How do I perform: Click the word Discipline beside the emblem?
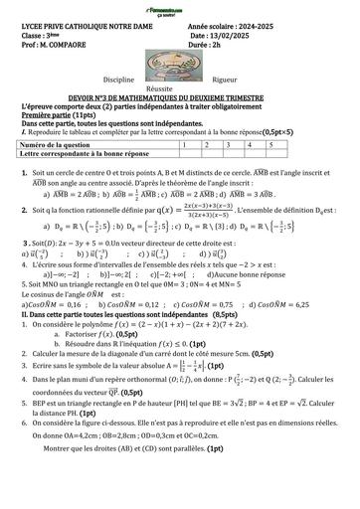[119, 77]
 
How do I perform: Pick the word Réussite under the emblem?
[180, 86]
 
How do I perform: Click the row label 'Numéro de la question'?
[62, 144]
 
